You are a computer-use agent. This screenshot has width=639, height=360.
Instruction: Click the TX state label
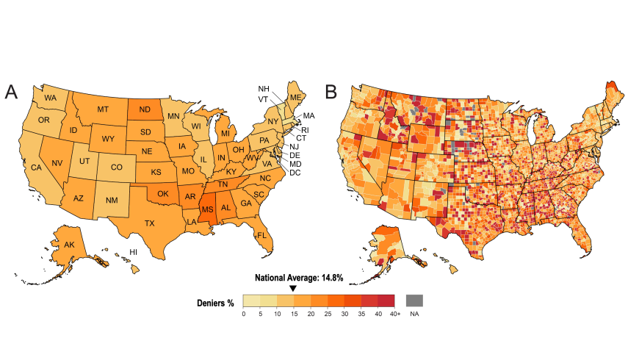(150, 223)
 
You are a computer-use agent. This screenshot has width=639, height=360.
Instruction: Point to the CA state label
(36, 168)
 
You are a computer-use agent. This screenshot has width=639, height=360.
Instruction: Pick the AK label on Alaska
(70, 245)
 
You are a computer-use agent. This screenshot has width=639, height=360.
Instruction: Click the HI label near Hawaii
(134, 252)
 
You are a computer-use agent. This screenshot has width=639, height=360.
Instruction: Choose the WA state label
(51, 98)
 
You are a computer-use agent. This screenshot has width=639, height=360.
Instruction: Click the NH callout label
(264, 89)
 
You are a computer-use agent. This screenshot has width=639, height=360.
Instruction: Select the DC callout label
(295, 173)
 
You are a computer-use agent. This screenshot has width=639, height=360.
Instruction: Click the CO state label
(116, 167)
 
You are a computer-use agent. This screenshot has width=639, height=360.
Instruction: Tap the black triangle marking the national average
(293, 289)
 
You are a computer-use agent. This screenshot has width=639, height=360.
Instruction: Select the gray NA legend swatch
(414, 300)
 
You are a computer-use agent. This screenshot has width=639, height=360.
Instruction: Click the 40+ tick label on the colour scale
(394, 314)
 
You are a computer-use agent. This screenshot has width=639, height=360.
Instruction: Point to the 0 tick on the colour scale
(244, 314)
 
